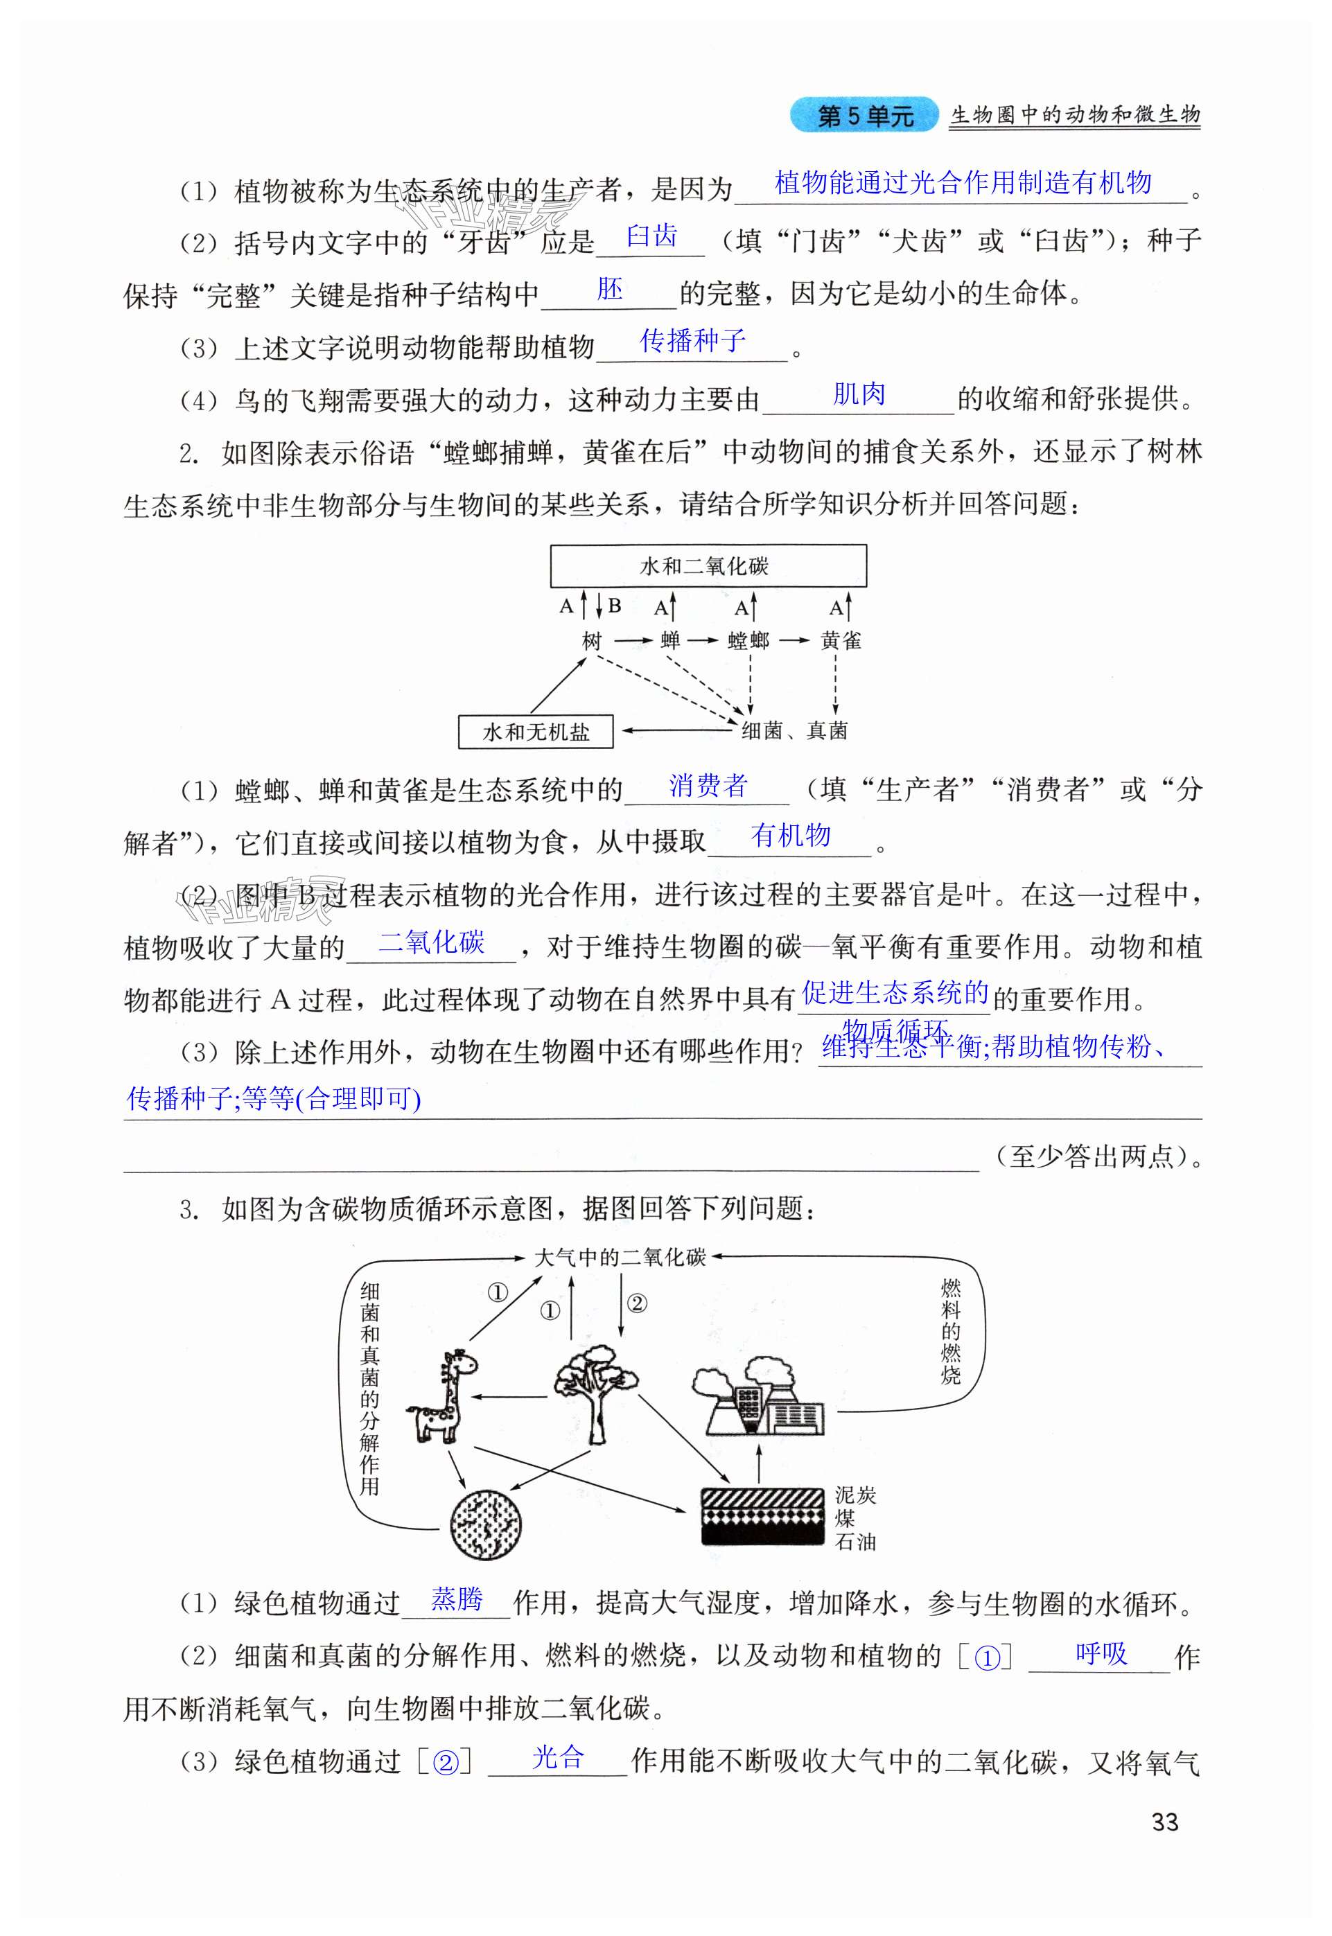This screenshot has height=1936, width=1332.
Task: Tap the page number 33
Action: point(1164,1822)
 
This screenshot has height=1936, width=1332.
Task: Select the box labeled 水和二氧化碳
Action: point(708,566)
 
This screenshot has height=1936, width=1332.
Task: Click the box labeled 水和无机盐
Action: point(536,732)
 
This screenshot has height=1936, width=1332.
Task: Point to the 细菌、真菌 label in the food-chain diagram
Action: point(794,731)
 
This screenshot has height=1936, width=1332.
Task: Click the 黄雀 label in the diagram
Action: point(841,640)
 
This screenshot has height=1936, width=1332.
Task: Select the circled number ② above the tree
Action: point(636,1303)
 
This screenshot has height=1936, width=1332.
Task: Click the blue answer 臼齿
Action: point(652,236)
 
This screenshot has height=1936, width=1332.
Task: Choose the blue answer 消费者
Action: point(708,785)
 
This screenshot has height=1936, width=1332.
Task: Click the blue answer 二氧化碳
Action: point(432,942)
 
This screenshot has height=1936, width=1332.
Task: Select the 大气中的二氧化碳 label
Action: point(620,1257)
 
